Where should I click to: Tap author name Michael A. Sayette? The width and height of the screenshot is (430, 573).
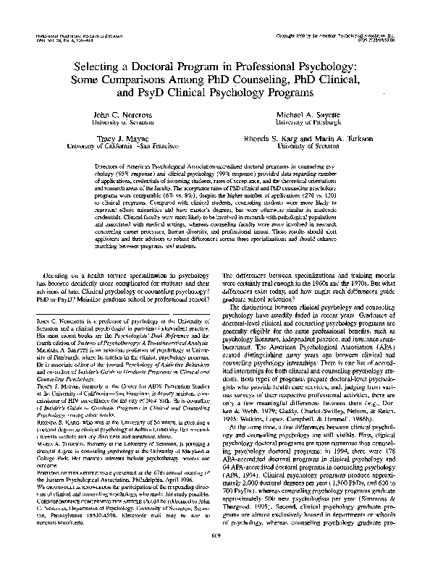pos(311,116)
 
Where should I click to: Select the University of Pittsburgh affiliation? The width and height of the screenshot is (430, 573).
pos(311,124)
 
